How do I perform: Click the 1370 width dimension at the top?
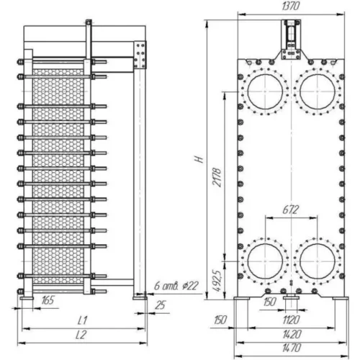(291, 6)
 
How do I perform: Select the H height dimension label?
(199, 160)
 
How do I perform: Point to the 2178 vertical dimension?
(217, 178)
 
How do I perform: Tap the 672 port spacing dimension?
(291, 210)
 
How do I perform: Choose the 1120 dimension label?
(292, 320)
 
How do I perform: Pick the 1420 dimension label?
(292, 334)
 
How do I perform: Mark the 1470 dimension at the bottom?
(292, 348)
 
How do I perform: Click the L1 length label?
(83, 320)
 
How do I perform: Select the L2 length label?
(81, 335)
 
